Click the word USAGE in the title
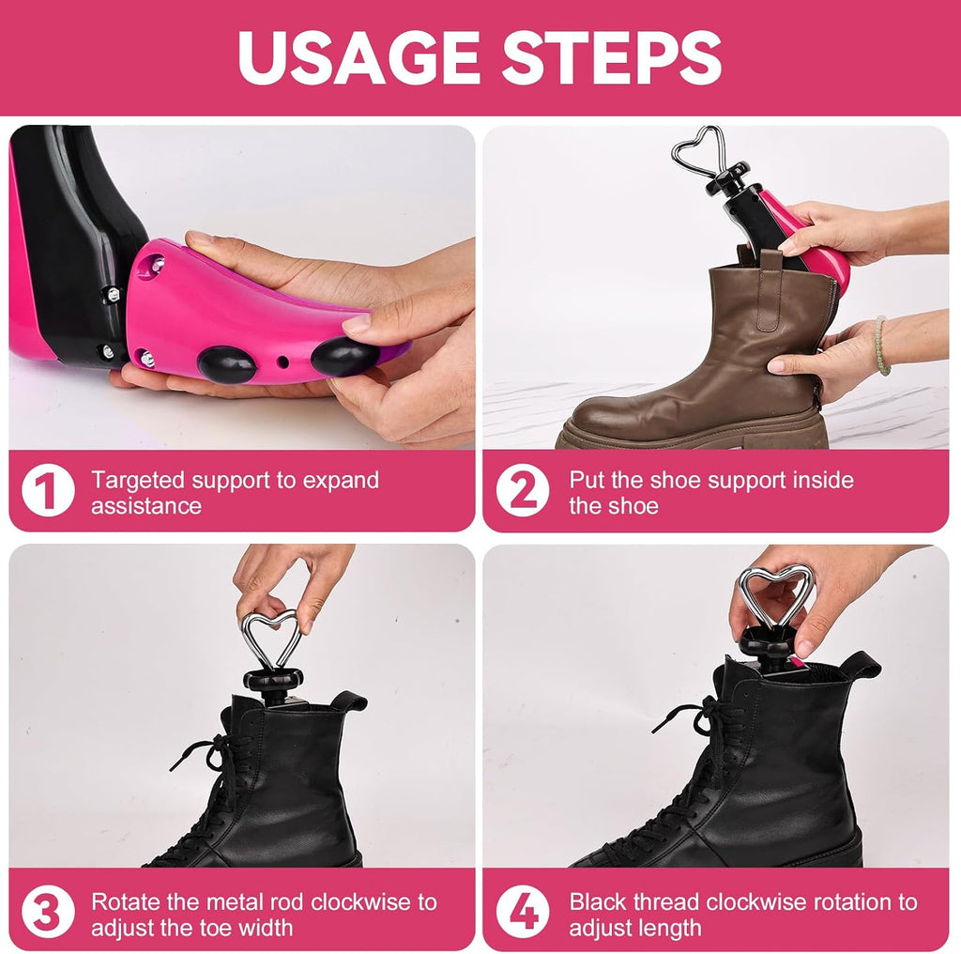point(358,57)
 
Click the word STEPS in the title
point(612,57)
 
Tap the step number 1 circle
point(48,490)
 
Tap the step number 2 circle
point(523,490)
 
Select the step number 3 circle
point(48,913)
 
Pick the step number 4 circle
point(523,913)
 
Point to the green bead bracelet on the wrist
point(880,346)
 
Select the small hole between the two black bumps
point(282,362)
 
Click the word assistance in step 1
point(146,506)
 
